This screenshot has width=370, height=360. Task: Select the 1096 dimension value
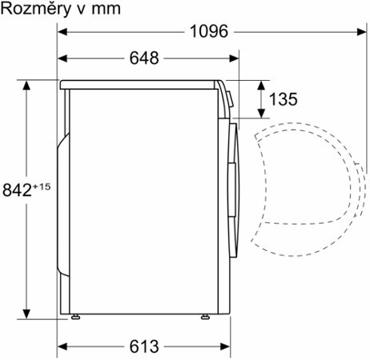point(209,32)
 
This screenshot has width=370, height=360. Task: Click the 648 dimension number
point(143,58)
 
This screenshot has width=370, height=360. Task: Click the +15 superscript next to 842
point(42,186)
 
